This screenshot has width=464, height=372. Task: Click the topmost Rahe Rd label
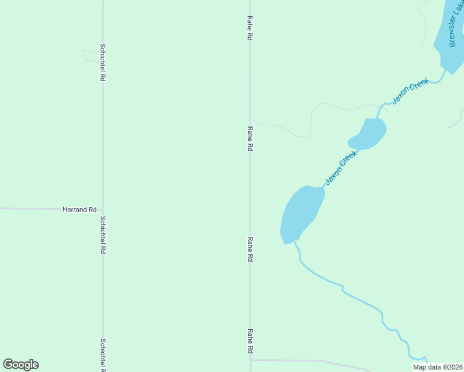pyautogui.click(x=249, y=29)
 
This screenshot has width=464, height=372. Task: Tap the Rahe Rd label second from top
pyautogui.click(x=249, y=139)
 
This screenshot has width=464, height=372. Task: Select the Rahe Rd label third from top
pyautogui.click(x=250, y=249)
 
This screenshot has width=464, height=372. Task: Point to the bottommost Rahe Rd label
pyautogui.click(x=250, y=342)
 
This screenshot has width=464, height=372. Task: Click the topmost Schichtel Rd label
pyautogui.click(x=103, y=63)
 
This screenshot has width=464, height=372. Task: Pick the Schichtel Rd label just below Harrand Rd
pyautogui.click(x=103, y=236)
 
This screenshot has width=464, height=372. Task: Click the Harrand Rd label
pyautogui.click(x=79, y=210)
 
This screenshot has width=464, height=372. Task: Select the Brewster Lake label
pyautogui.click(x=456, y=25)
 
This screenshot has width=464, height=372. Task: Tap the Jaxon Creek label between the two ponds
pyautogui.click(x=342, y=168)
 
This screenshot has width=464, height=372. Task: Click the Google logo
pyautogui.click(x=20, y=365)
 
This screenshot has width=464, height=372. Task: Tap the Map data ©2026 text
pyautogui.click(x=437, y=367)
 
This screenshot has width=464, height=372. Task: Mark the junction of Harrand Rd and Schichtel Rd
pyautogui.click(x=103, y=210)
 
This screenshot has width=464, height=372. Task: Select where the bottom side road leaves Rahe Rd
pyautogui.click(x=251, y=359)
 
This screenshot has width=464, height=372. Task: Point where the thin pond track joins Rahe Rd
pyautogui.click(x=251, y=120)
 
